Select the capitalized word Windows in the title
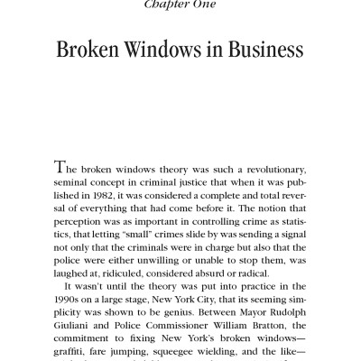coord(169,49)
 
